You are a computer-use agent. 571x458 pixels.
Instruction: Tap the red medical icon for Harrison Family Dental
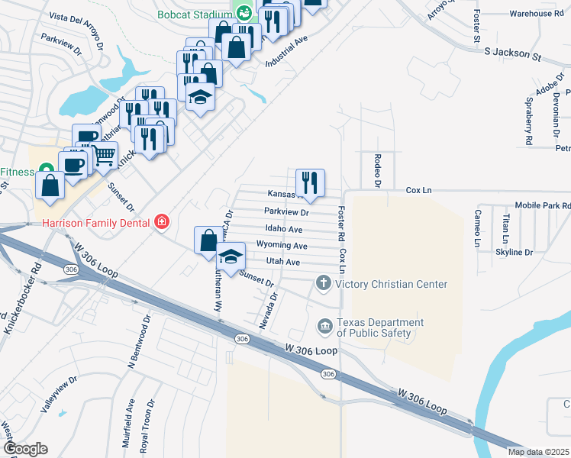pos(162,222)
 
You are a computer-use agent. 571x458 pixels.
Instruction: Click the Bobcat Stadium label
pos(195,13)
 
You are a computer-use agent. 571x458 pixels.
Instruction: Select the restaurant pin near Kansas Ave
pos(310,182)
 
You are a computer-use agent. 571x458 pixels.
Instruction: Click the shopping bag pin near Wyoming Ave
pos(208,240)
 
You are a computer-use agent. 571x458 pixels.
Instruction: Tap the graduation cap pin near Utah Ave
pos(231,257)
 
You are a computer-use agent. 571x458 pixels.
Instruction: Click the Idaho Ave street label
pos(284,229)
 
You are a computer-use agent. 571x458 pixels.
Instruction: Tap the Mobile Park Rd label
pos(543,205)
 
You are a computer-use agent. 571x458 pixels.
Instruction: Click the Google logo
pos(24,449)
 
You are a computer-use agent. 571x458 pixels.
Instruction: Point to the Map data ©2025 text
pos(537,452)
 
